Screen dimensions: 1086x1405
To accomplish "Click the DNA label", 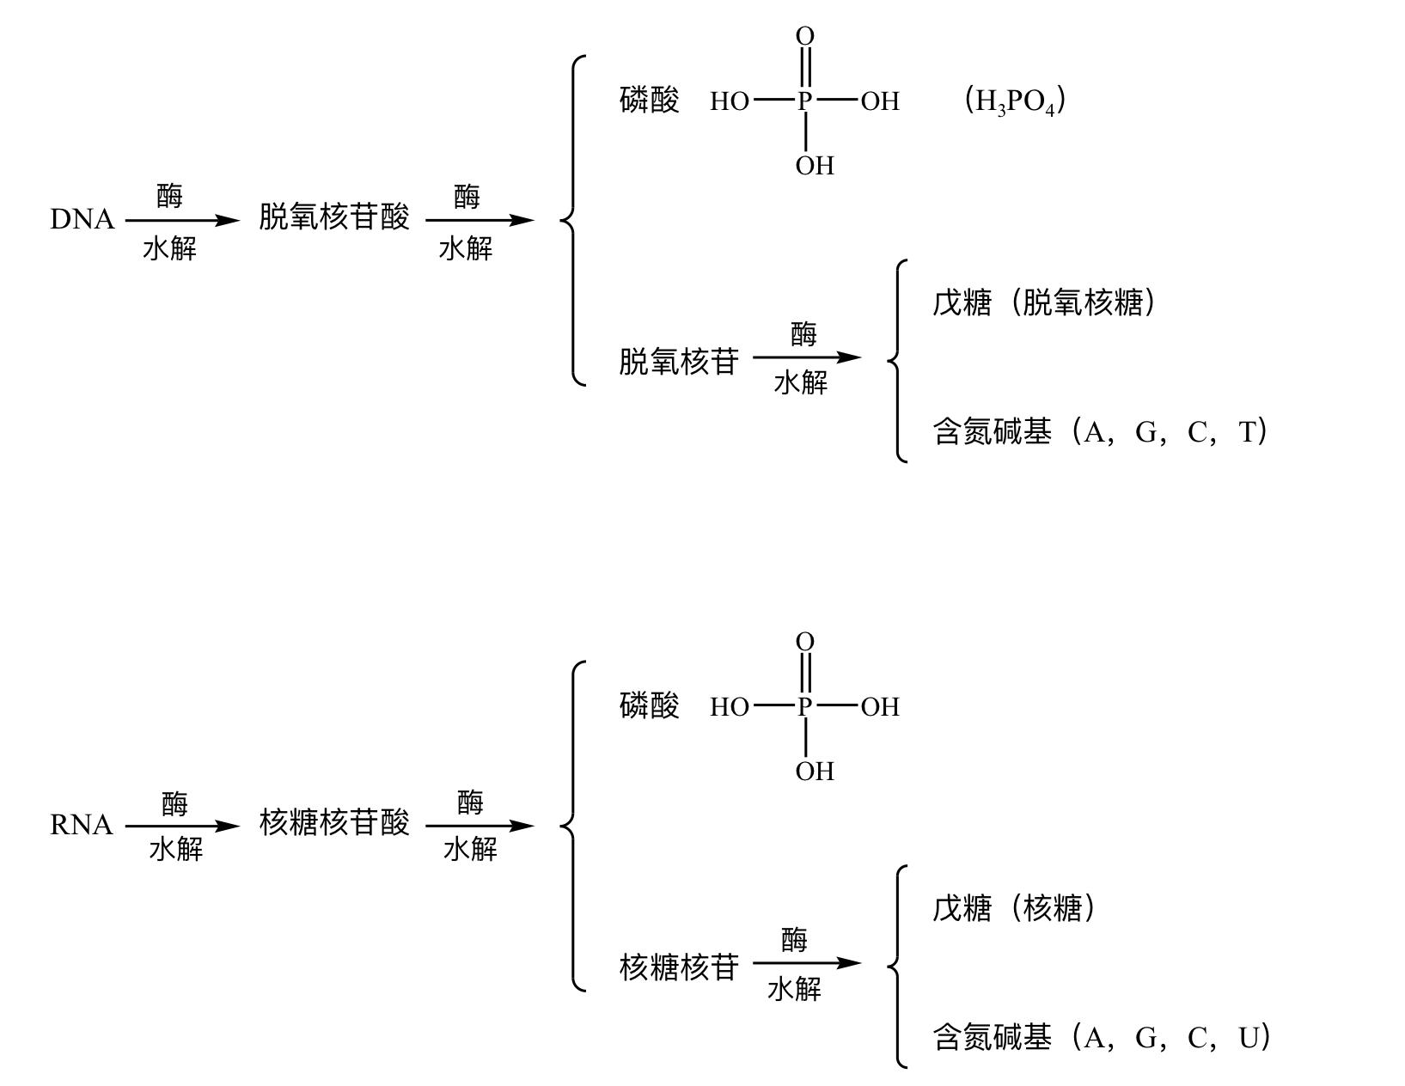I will click(82, 220).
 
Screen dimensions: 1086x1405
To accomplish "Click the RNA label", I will click(82, 826).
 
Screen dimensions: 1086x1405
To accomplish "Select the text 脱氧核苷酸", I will click(334, 217).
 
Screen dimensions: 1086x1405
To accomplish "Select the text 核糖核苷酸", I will click(334, 823).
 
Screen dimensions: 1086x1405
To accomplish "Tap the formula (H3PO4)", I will click(1015, 101).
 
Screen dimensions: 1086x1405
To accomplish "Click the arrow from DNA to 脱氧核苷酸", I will click(182, 221).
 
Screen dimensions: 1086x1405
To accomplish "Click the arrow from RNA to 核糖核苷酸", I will click(182, 827).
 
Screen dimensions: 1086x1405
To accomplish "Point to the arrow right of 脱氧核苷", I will click(806, 357).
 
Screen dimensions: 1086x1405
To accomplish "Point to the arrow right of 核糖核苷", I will click(806, 963).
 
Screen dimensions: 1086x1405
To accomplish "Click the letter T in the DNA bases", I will click(1248, 432).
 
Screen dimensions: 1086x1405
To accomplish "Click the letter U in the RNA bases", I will click(1249, 1039).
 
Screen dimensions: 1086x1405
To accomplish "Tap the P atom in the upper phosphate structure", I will click(804, 101).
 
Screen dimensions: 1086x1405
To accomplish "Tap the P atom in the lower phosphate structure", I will click(804, 707).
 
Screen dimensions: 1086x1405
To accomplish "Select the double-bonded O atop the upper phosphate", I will click(804, 36).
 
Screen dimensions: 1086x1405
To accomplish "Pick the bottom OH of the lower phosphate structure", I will click(814, 772).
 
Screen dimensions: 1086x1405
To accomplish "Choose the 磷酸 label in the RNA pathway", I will click(649, 706).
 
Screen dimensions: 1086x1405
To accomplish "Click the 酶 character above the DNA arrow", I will click(170, 196).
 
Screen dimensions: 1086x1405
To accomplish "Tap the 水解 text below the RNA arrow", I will click(176, 850).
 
